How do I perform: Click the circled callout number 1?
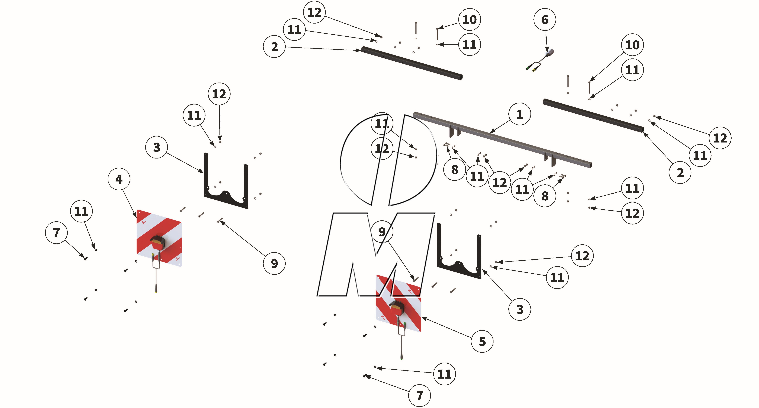coord(520,114)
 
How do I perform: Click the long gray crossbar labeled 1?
coord(501,138)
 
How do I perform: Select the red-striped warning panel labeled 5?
coord(398,303)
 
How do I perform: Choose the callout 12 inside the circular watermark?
coord(382,149)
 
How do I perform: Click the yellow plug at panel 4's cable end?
coord(156,291)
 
